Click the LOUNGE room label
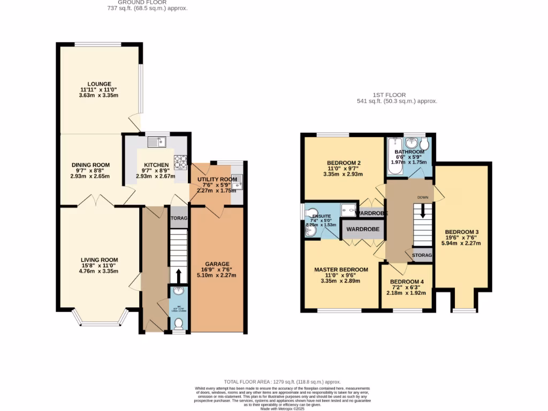pyautogui.click(x=99, y=84)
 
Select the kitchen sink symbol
pyautogui.click(x=158, y=141)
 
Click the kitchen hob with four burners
pyautogui.click(x=181, y=159)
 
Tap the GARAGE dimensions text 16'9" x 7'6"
pyautogui.click(x=217, y=270)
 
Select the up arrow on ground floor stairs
pyautogui.click(x=179, y=275)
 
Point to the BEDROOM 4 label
pyautogui.click(x=407, y=281)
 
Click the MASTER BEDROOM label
pyautogui.click(x=341, y=269)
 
